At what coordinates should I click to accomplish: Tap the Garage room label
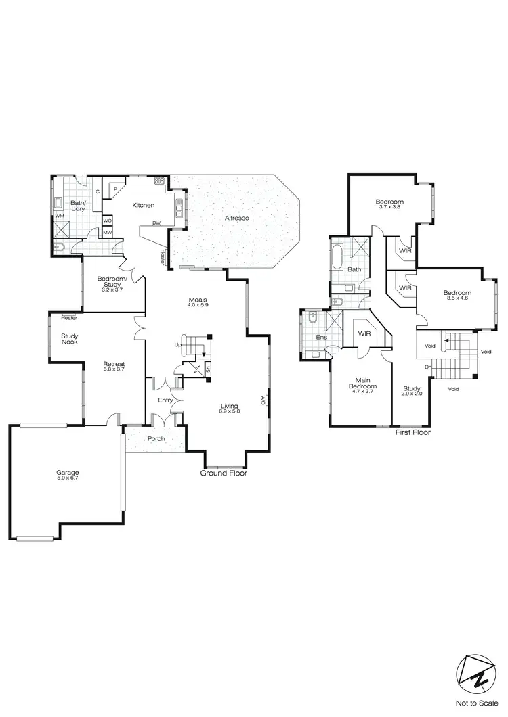tap(68, 472)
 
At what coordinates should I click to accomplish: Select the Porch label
tap(156, 439)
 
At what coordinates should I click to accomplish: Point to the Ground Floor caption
tap(224, 473)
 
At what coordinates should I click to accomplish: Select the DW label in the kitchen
tap(156, 223)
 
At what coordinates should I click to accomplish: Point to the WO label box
tap(108, 221)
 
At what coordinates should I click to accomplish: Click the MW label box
tap(108, 233)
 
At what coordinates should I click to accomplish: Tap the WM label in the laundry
tap(60, 216)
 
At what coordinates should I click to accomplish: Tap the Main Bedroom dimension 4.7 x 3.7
tap(362, 392)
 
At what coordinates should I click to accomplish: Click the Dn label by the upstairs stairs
tap(429, 367)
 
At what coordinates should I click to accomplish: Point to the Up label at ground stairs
tap(178, 345)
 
